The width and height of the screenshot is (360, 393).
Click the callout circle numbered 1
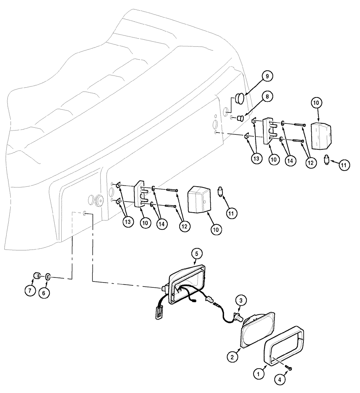(x=258, y=375)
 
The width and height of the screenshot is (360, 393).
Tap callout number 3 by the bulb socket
(x=241, y=300)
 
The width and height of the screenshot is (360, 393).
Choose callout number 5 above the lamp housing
(x=197, y=254)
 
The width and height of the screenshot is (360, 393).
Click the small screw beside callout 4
(x=289, y=368)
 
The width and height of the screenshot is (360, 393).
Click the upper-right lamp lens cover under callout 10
(x=321, y=135)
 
